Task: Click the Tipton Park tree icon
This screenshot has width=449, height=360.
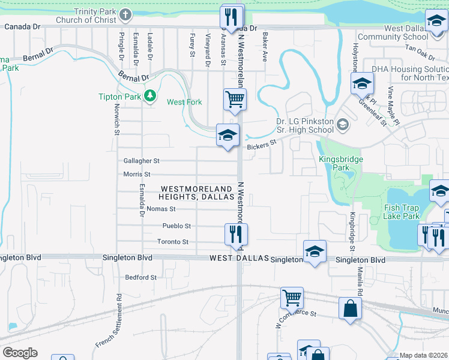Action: pyautogui.click(x=149, y=95)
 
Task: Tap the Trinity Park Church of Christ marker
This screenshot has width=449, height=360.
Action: pyautogui.click(x=125, y=14)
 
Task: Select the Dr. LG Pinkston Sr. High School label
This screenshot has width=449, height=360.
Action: pyautogui.click(x=304, y=125)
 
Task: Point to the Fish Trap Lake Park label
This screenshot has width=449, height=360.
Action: pyautogui.click(x=402, y=212)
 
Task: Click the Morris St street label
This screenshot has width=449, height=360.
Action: pyautogui.click(x=136, y=174)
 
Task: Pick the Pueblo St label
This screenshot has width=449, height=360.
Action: pyautogui.click(x=176, y=226)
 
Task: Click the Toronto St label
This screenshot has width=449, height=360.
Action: pyautogui.click(x=173, y=242)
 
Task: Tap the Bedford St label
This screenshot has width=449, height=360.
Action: pyautogui.click(x=140, y=277)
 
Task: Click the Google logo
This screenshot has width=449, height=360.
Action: pyautogui.click(x=20, y=353)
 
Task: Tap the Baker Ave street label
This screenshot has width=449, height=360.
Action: pyautogui.click(x=264, y=47)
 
